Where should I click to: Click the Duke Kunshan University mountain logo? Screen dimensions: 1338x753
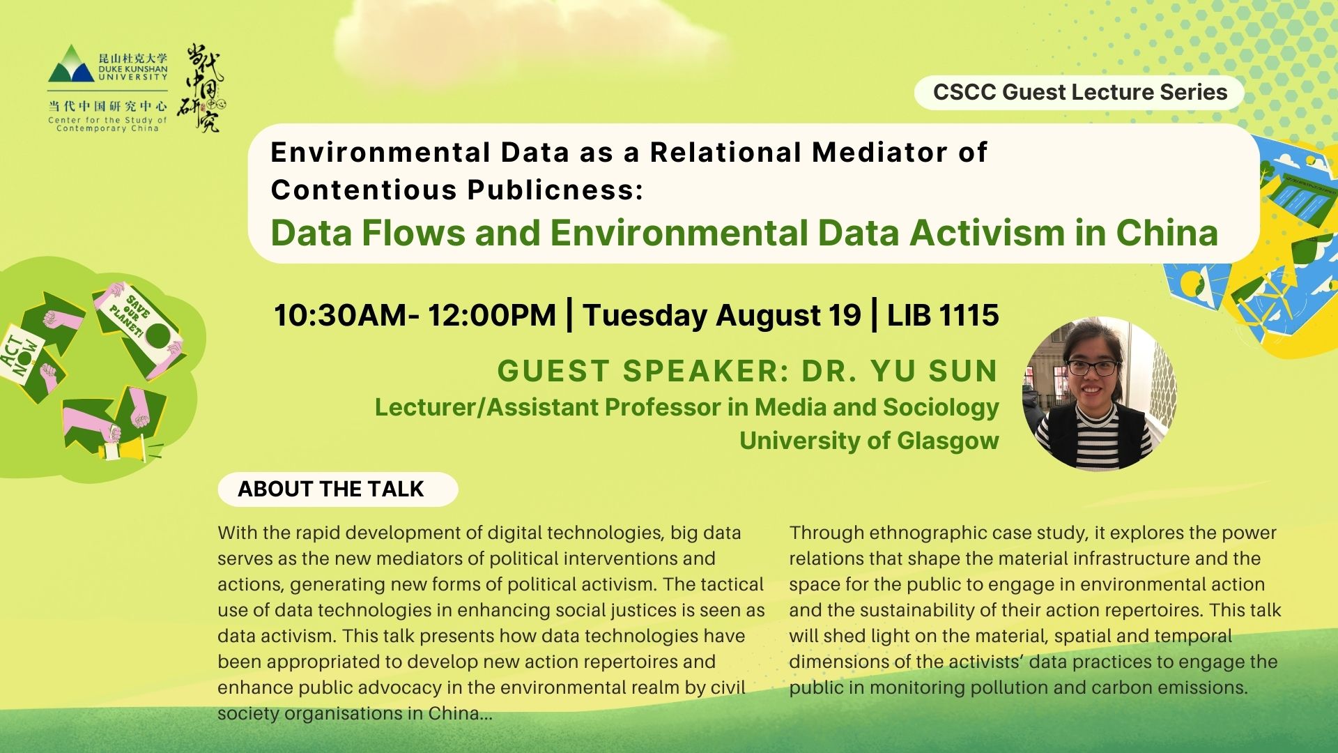tap(71, 63)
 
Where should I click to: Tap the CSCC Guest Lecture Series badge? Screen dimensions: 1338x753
tap(1079, 92)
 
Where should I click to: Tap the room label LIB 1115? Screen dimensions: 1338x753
tap(943, 315)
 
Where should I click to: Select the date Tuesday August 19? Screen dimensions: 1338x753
tap(722, 316)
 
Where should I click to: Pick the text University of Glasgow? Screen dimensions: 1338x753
tap(869, 441)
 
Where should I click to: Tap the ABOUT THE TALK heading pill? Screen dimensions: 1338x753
tap(338, 489)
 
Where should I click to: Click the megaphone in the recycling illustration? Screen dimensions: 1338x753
tap(127, 446)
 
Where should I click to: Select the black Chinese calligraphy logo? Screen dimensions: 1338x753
tap(201, 89)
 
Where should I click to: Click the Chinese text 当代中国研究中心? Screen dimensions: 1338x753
tap(107, 106)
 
